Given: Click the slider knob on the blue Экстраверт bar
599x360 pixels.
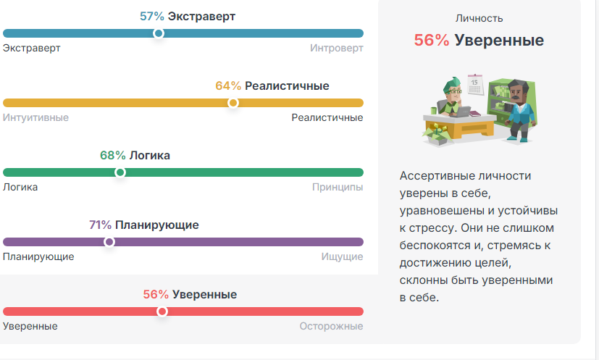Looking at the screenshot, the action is (159, 33).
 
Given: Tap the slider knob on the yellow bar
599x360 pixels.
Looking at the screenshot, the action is (233, 103).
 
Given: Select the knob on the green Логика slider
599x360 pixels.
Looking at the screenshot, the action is (120, 172).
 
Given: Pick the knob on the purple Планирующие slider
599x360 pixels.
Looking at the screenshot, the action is (109, 242).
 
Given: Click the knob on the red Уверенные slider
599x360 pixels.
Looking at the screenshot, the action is (162, 311).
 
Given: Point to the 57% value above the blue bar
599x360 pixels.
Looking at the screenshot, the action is (151, 17).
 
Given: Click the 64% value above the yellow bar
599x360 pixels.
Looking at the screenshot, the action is (228, 86).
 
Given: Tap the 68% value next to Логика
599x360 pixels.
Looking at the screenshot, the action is (113, 156).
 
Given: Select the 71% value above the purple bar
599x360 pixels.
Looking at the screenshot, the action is (100, 225).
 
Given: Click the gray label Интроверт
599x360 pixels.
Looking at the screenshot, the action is (337, 48).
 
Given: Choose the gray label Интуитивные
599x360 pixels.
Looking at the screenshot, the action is (36, 118).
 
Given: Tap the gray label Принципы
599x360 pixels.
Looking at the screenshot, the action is (338, 188).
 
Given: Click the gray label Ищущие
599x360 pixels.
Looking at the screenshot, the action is (343, 257).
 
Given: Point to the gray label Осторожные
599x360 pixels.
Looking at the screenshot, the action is (331, 327).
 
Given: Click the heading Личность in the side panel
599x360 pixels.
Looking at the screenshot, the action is (479, 18).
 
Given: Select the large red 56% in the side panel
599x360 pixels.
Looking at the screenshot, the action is (432, 40).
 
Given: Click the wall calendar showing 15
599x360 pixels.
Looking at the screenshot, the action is (475, 85).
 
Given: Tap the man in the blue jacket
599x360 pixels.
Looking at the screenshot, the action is (519, 111).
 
